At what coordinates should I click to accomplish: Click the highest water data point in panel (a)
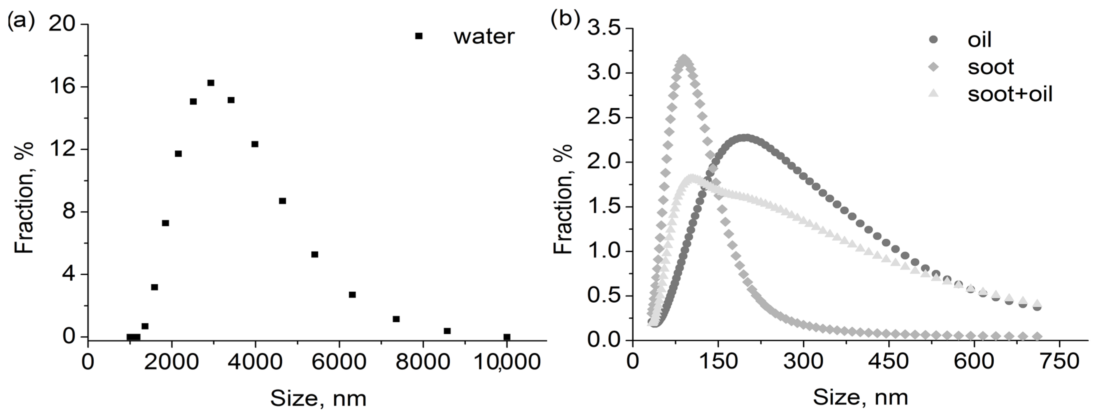click(x=210, y=83)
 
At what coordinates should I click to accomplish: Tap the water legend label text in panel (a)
click(x=484, y=37)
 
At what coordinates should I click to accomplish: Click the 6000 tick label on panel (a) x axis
click(x=339, y=362)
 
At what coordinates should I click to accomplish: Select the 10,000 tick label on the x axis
click(x=507, y=362)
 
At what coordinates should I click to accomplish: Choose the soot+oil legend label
click(x=1010, y=93)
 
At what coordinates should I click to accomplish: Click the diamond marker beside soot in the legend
click(x=934, y=67)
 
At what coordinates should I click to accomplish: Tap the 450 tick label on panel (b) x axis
click(x=889, y=362)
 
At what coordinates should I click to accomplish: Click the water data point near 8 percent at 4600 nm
click(x=282, y=201)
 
